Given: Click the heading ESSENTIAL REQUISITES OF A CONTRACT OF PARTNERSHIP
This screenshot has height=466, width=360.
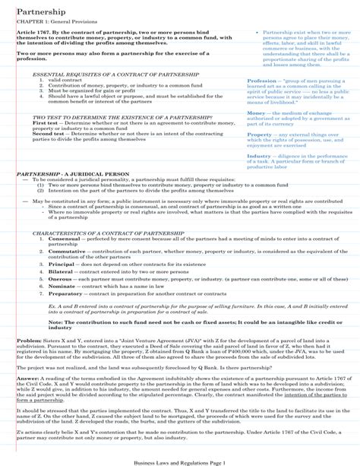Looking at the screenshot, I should [105, 74].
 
